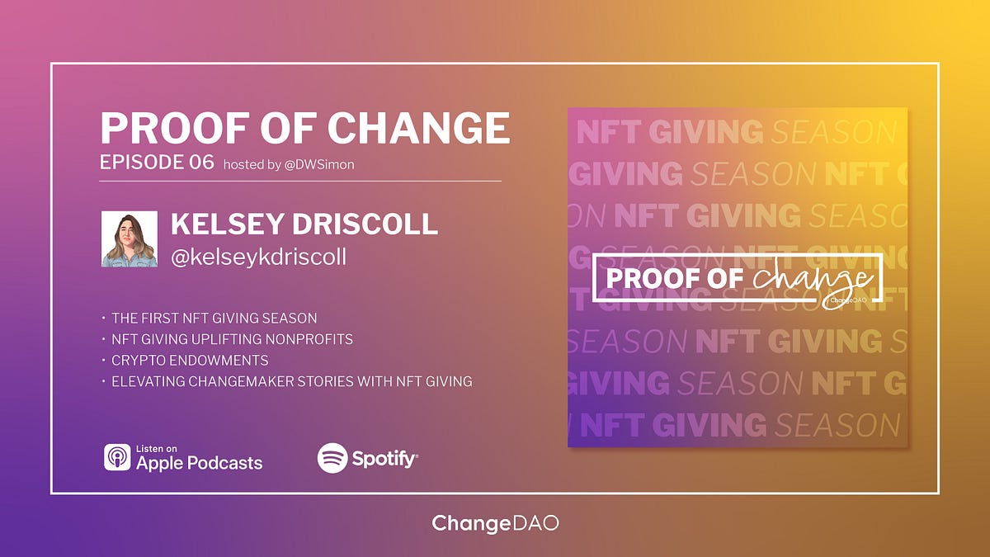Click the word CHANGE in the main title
point(418,129)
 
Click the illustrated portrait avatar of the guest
point(130,239)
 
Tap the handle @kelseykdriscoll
point(258,257)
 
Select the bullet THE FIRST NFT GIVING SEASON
point(214,318)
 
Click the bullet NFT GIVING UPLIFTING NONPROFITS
point(232,339)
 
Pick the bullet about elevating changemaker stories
point(291,382)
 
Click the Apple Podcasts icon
point(117,457)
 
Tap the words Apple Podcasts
point(199,462)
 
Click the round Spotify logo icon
point(332,458)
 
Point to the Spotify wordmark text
point(384,459)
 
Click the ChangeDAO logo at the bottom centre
point(495,524)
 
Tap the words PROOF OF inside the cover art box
point(674,279)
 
